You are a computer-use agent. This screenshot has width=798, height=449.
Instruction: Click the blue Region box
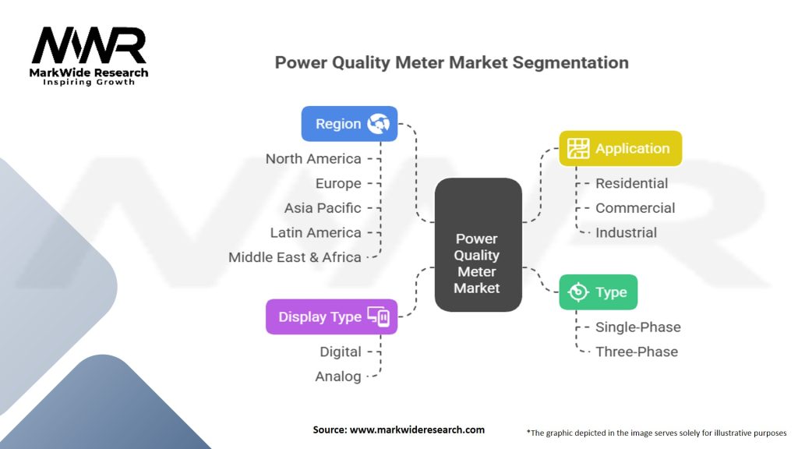tap(349, 124)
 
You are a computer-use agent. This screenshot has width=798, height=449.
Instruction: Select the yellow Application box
tap(620, 148)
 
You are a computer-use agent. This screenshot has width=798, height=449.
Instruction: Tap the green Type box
tap(598, 292)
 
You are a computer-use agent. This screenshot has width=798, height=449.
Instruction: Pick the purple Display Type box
tap(331, 316)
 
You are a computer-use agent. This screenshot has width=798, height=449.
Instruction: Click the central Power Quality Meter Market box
tap(478, 245)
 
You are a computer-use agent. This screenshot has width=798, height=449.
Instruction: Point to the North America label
tap(313, 159)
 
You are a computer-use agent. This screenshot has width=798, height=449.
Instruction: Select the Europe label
tap(338, 183)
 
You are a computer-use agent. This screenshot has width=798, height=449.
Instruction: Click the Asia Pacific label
tap(323, 207)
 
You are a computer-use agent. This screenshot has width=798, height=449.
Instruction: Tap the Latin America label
tap(316, 232)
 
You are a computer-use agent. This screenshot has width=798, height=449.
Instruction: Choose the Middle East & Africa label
tap(295, 257)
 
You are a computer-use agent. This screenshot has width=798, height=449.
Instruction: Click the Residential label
tap(631, 183)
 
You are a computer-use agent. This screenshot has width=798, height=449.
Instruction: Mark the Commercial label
tap(635, 207)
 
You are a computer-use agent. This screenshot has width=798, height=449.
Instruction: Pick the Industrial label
tap(626, 232)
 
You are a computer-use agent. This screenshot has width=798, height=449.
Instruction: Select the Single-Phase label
tap(638, 327)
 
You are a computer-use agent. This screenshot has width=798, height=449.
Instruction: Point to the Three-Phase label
tap(637, 352)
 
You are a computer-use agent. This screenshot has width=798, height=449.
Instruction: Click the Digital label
tap(341, 352)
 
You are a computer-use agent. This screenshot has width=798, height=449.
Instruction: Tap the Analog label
tap(338, 377)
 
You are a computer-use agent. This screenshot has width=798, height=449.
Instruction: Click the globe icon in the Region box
tap(379, 124)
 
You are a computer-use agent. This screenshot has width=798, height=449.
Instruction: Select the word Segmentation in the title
tap(570, 62)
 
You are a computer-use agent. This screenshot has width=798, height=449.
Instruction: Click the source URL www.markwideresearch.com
tap(418, 430)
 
